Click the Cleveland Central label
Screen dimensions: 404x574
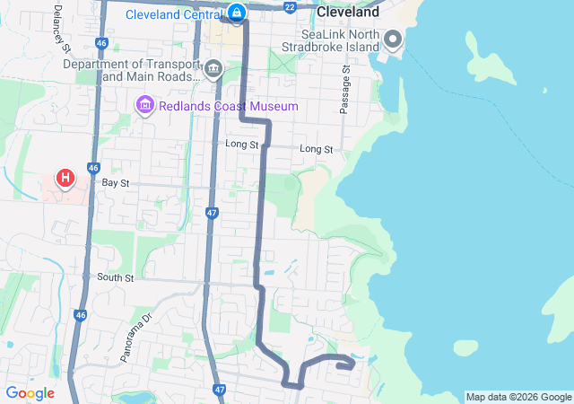click(x=174, y=14)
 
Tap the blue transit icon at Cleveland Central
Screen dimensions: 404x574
click(x=236, y=13)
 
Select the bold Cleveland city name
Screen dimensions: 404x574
click(x=347, y=14)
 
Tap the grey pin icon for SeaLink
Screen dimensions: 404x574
click(x=393, y=40)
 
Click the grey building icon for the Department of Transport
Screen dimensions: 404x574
click(x=213, y=69)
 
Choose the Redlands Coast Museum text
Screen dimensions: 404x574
click(x=228, y=106)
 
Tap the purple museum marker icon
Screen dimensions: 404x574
click(x=144, y=106)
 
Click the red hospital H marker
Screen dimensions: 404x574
click(x=65, y=178)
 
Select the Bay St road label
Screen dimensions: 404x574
click(x=116, y=182)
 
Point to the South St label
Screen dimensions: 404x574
click(x=115, y=277)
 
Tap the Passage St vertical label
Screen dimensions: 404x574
click(x=344, y=88)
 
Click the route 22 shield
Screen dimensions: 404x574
click(x=289, y=7)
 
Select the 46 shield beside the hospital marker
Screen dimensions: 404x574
click(x=93, y=167)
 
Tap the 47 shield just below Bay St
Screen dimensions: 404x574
click(x=211, y=213)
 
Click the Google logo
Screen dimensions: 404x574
click(x=30, y=393)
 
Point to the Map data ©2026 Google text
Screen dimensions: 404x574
click(x=518, y=397)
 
